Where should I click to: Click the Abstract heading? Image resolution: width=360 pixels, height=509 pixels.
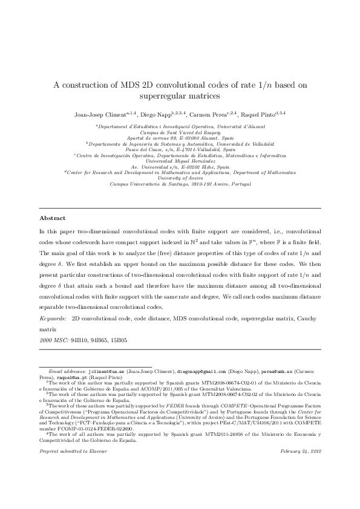52,218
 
